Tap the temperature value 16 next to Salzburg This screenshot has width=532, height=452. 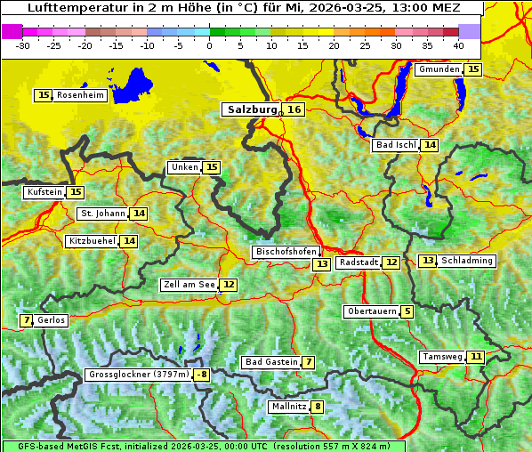[294, 109]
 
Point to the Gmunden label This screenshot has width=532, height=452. [439, 69]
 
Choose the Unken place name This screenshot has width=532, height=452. [184, 167]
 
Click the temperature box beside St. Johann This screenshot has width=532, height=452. [139, 214]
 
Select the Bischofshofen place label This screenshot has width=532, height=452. [286, 252]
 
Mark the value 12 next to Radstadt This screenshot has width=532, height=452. [391, 262]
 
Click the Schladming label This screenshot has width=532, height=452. [466, 261]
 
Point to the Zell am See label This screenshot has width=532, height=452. [189, 285]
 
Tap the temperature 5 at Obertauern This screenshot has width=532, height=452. [407, 311]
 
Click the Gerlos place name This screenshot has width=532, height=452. [51, 320]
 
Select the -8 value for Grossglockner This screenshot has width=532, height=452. [202, 375]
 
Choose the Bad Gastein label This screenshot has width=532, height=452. [271, 362]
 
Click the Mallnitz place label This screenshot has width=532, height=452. [288, 407]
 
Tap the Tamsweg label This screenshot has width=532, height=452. [442, 357]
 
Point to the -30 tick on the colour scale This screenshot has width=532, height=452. [23, 44]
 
